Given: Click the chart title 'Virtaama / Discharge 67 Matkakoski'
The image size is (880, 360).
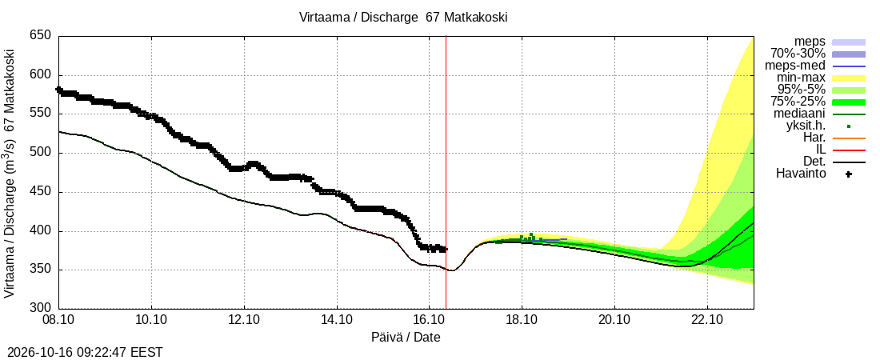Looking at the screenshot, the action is tap(403, 18).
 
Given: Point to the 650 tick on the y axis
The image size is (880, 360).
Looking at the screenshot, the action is tap(40, 36).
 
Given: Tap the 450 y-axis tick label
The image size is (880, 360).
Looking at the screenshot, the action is tap(40, 192).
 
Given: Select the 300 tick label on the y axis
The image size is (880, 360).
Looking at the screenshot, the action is tap(40, 308).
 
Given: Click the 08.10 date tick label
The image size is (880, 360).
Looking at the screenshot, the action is tap(59, 321).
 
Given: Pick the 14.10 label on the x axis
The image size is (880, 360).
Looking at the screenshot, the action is tap(337, 321).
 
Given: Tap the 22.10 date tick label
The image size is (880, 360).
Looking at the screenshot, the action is tap(707, 321).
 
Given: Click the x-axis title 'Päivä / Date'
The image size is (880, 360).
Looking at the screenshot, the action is tap(406, 338).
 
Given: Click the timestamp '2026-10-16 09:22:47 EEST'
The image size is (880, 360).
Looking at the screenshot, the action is tap(82, 353).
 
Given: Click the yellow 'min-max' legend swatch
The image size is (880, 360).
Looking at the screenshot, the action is tap(849, 78).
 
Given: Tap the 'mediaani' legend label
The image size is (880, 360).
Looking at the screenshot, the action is tap(799, 114).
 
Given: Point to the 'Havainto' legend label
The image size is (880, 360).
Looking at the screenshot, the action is tap(801, 174).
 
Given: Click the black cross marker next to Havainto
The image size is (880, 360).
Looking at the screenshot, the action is tap(849, 174).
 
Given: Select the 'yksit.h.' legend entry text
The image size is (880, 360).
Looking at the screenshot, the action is tap(804, 126).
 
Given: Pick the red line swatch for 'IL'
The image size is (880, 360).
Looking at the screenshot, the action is tap(849, 150).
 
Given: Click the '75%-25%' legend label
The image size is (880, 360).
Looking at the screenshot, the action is tap(798, 102).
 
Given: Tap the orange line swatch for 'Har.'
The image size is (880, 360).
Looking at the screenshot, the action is tap(849, 138).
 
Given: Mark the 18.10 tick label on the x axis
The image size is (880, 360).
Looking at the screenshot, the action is tap(522, 321).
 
